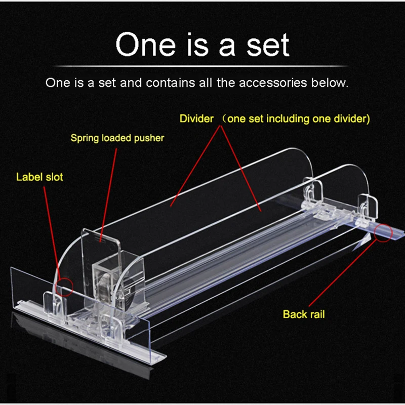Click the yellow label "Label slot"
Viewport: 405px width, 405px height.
pos(39,177)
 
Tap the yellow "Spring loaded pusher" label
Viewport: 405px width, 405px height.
pos(117,138)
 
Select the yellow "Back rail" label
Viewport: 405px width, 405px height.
pos(303,314)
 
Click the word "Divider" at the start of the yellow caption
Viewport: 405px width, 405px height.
pos(196,119)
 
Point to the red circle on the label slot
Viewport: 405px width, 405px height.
pos(65,287)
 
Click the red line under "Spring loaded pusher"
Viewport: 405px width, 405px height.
pos(109,192)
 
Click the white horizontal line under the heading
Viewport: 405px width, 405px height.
pos(202,66)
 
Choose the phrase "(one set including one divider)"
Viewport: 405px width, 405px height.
pos(298,119)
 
